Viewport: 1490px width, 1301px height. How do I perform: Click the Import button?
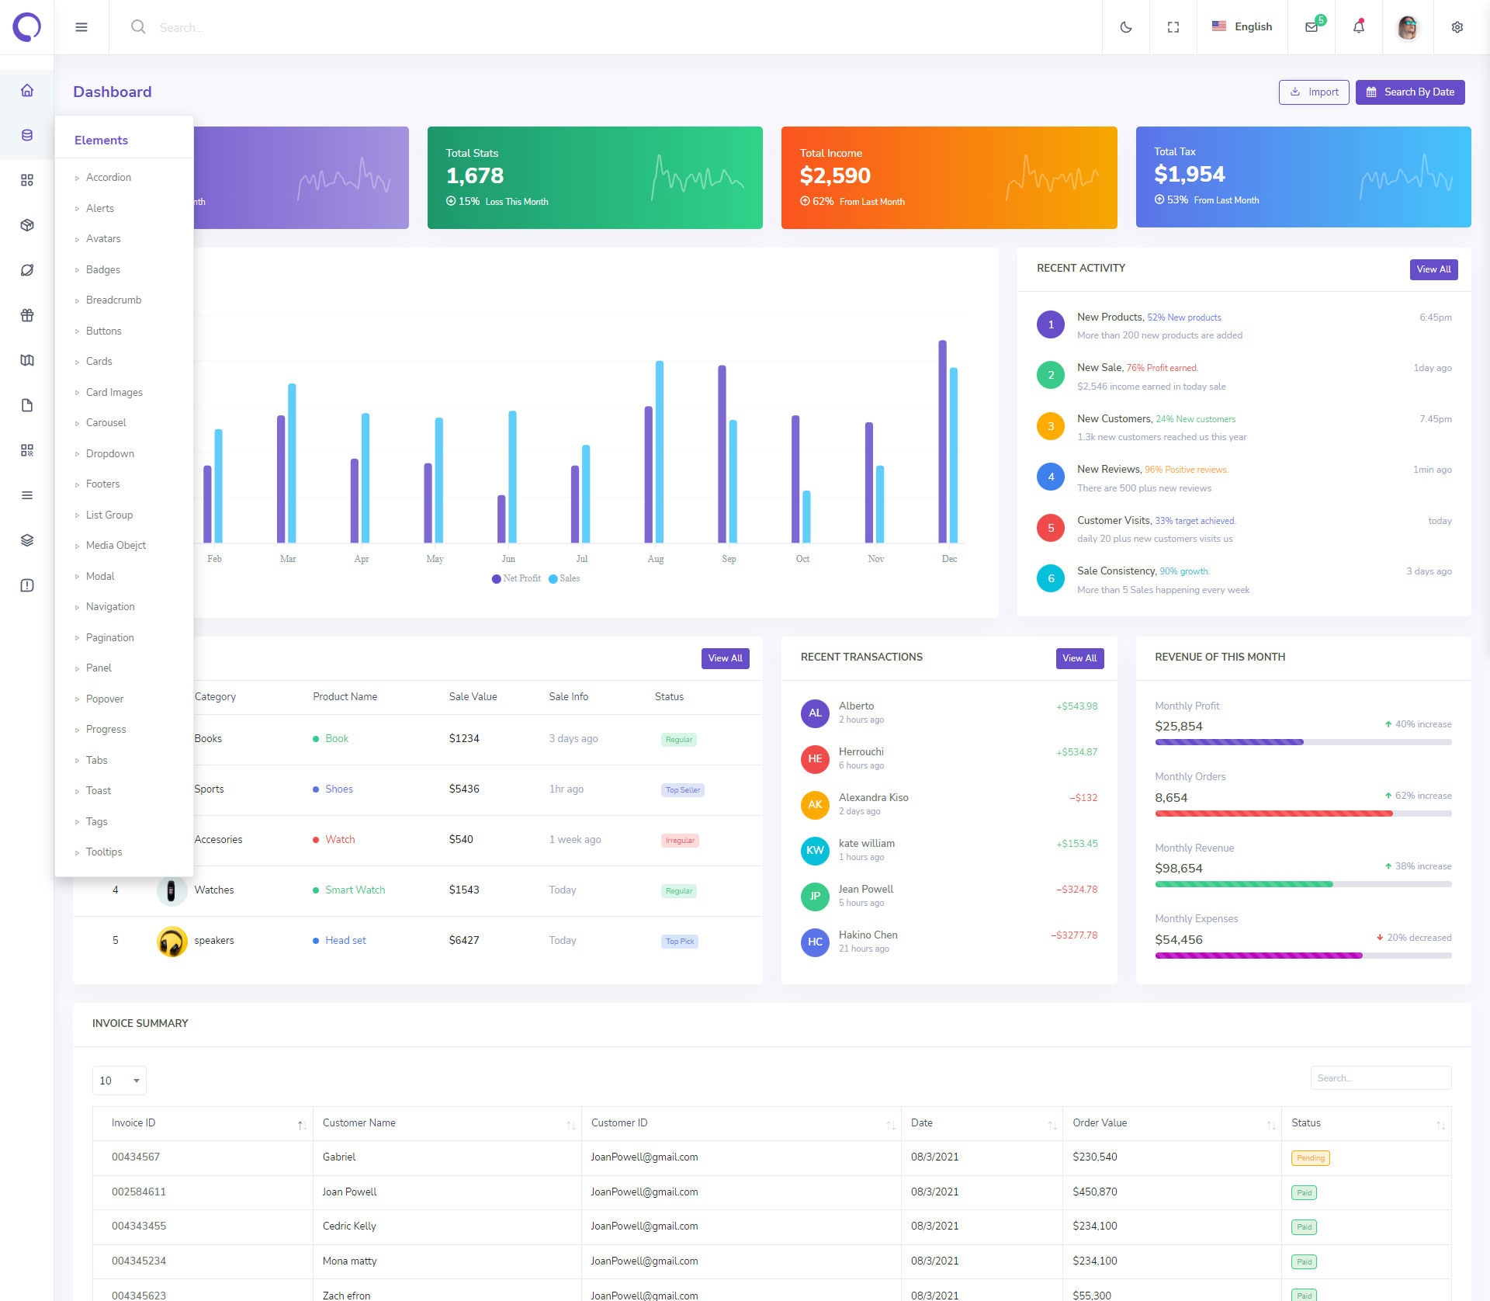tap(1314, 92)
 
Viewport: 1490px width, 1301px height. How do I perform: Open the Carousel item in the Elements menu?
tap(106, 423)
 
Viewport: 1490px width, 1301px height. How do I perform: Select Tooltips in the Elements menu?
tap(104, 852)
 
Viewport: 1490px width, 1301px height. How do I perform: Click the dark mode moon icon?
tap(1126, 27)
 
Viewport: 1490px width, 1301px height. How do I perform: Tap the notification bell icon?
tap(1358, 27)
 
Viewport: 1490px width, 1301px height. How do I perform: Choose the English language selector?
tap(1242, 27)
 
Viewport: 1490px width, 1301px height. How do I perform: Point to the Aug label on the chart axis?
tap(656, 559)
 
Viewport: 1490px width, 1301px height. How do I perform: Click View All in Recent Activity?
tap(1433, 269)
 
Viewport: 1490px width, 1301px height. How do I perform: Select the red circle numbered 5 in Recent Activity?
tap(1051, 529)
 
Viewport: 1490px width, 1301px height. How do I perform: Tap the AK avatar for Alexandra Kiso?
tap(815, 805)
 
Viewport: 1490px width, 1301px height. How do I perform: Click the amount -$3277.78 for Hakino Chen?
tap(1074, 935)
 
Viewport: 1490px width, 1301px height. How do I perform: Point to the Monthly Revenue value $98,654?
tap(1178, 869)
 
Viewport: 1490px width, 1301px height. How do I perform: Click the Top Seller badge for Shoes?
tap(683, 790)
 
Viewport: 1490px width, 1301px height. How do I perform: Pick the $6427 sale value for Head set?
tap(464, 941)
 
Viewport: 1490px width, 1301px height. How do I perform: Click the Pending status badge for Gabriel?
tap(1310, 1158)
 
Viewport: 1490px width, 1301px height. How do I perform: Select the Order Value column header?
tap(1100, 1123)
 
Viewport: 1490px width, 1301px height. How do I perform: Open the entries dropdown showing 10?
tap(119, 1081)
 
